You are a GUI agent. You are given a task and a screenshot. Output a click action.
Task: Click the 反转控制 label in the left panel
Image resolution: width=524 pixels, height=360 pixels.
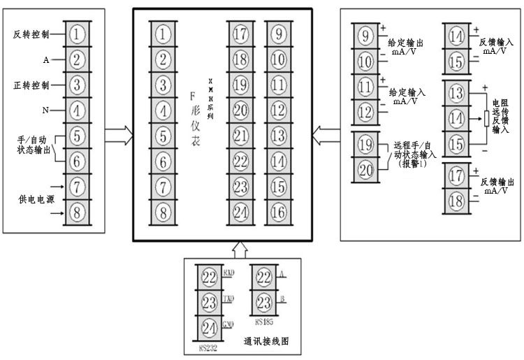click(31, 34)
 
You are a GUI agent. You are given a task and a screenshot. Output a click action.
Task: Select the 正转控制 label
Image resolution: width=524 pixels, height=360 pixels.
click(31, 85)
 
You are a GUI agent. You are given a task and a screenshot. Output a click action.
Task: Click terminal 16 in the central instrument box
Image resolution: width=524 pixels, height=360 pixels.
click(277, 210)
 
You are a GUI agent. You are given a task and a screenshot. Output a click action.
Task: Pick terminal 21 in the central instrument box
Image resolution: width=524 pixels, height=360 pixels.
click(241, 135)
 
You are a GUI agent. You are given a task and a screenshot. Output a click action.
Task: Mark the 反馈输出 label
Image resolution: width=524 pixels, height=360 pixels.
click(497, 181)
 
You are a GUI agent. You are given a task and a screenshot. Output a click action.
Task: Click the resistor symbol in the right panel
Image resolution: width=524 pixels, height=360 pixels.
click(486, 118)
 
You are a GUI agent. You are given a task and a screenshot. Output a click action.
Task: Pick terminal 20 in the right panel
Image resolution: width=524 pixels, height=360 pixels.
click(366, 168)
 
